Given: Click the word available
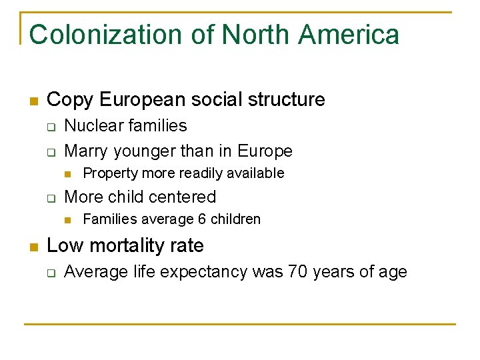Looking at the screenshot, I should [x=256, y=173].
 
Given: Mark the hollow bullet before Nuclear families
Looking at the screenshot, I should [x=50, y=127].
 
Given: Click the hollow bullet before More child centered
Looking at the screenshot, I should [x=50, y=198].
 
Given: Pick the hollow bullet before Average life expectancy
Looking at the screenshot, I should [x=50, y=273].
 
